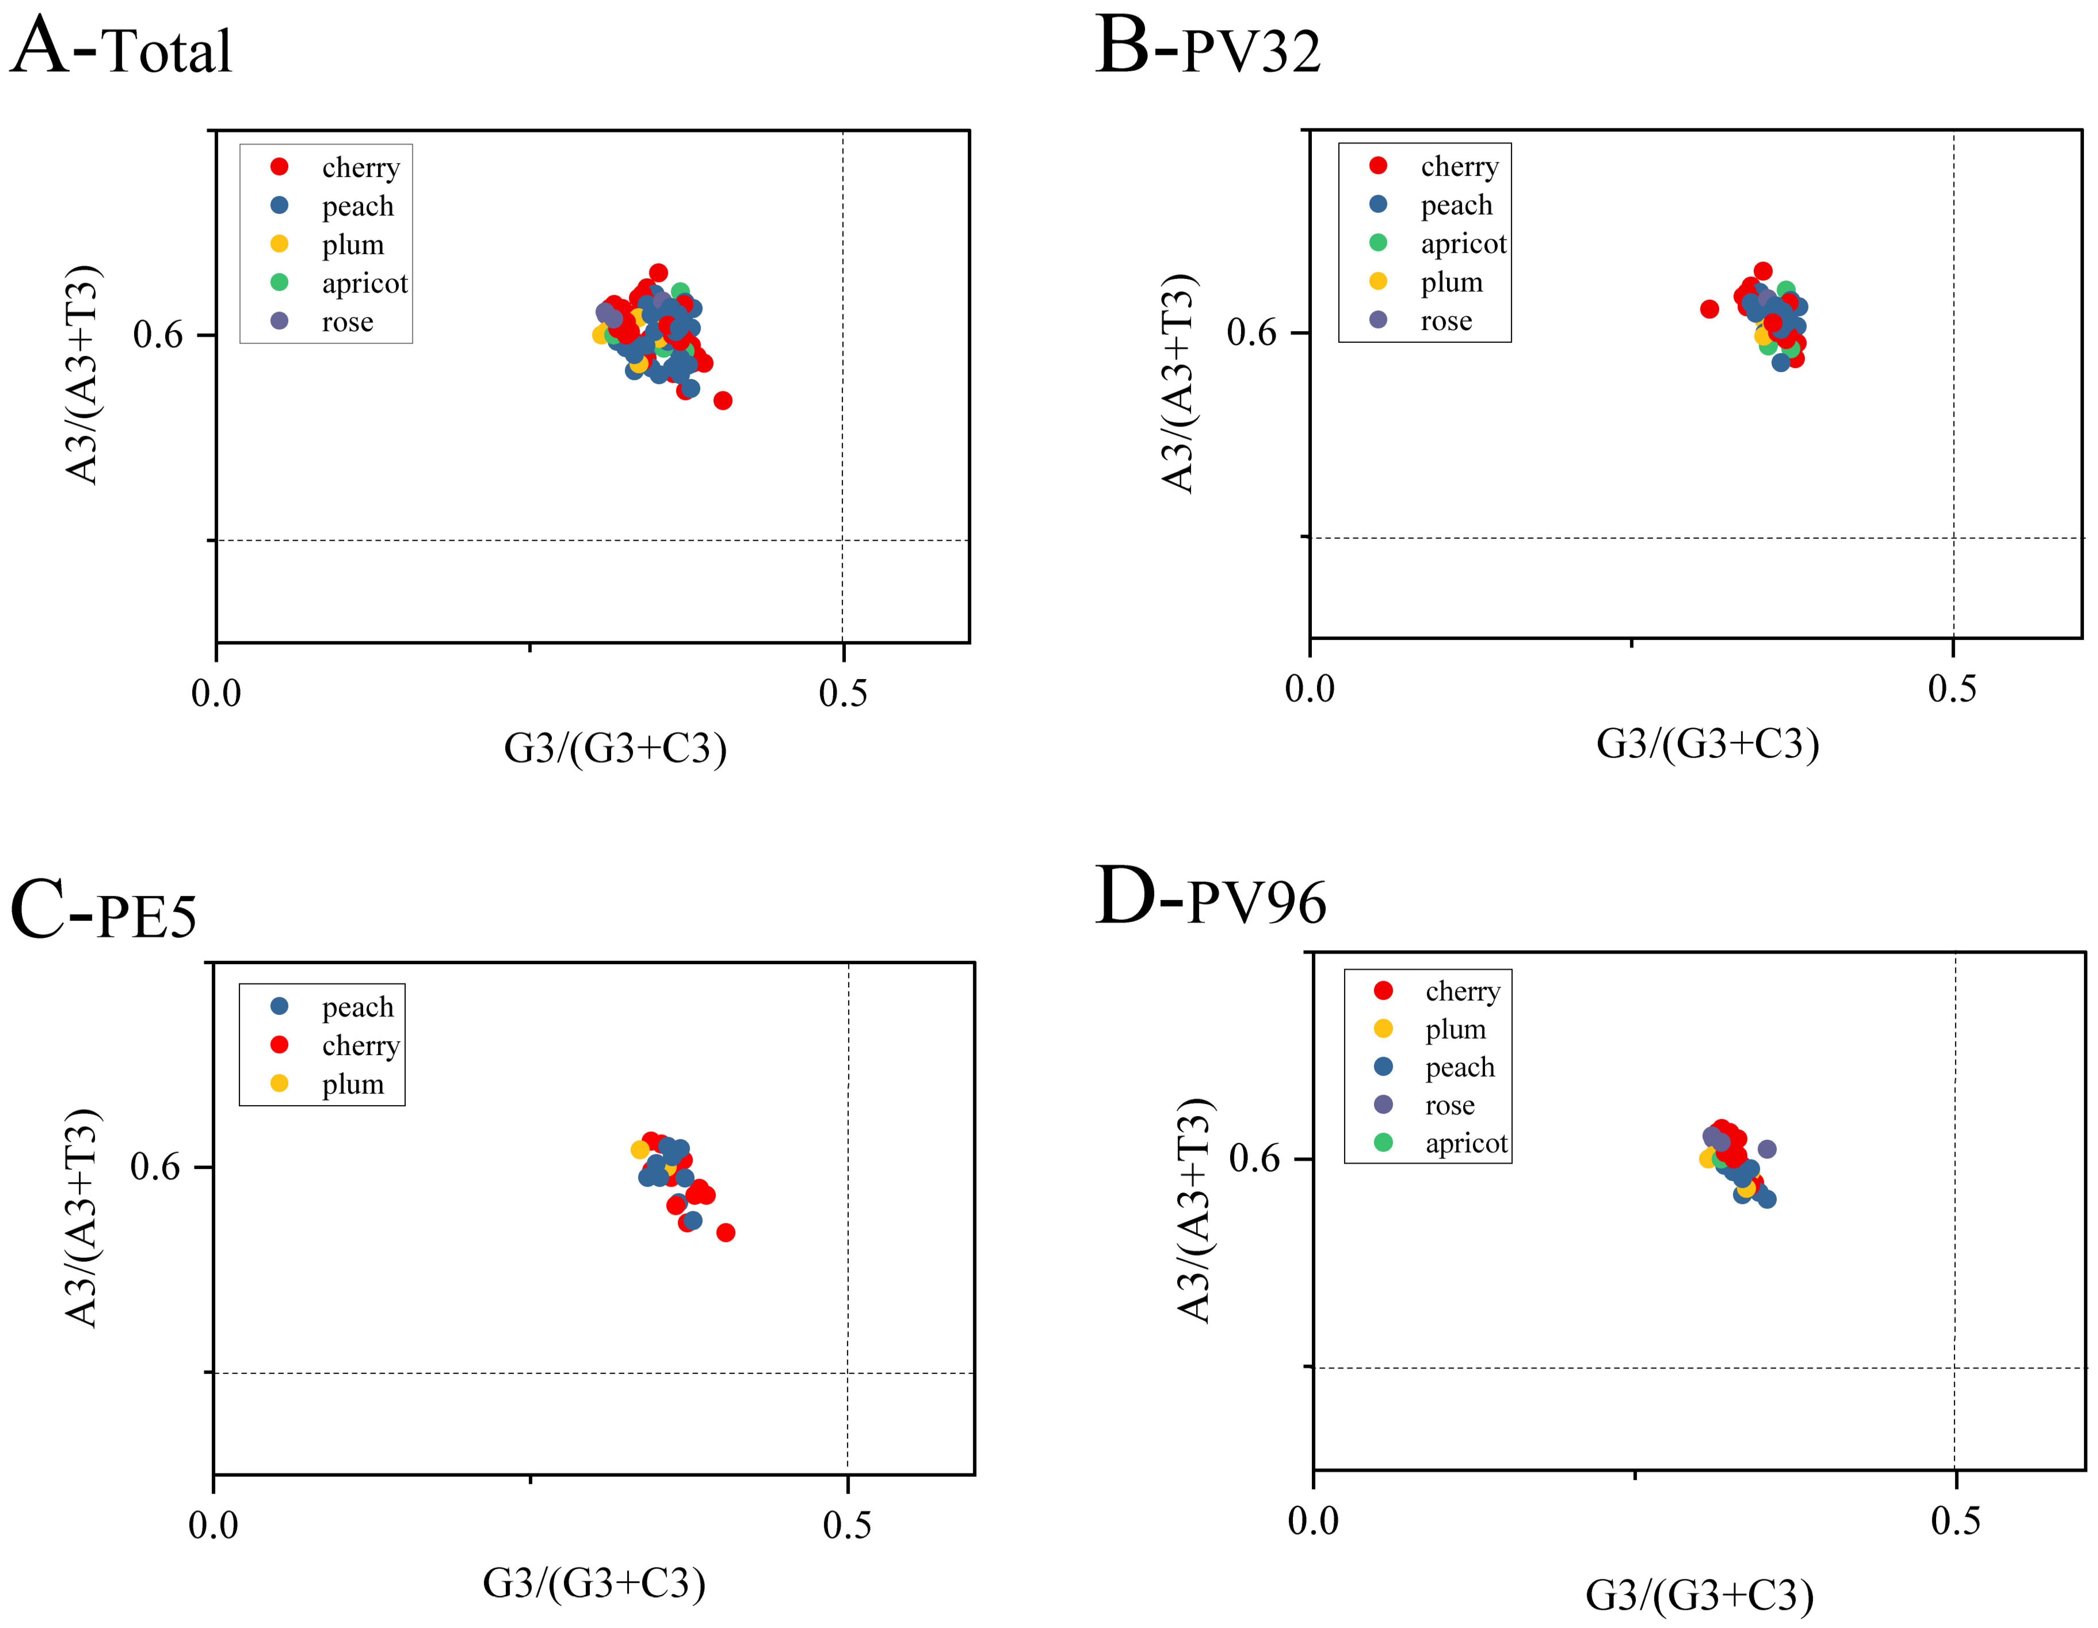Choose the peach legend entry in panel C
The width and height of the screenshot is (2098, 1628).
point(357,1007)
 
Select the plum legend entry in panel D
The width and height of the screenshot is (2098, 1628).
point(1454,1029)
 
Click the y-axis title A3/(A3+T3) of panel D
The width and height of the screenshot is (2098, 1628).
point(1194,1210)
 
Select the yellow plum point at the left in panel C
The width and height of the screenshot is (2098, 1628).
point(640,1150)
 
